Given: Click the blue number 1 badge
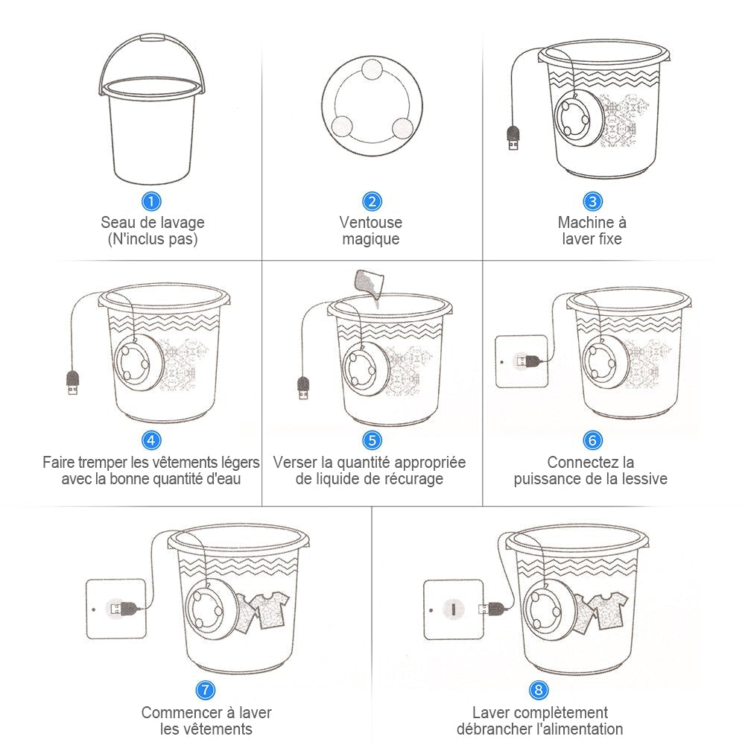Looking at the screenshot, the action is tap(151, 201).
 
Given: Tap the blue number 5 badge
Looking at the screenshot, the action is tap(372, 440).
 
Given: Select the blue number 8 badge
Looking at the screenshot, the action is tap(539, 690).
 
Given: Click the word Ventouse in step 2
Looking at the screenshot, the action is tap(370, 222).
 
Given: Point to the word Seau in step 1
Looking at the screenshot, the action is tap(118, 222).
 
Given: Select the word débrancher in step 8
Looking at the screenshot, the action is tap(492, 729).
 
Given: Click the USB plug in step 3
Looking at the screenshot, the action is tap(513, 137).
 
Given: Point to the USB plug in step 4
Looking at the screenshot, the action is tap(72, 384).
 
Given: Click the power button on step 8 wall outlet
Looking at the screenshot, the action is tap(453, 609).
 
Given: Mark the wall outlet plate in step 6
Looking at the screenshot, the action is tap(521, 361).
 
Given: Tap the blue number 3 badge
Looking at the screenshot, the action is tap(592, 201).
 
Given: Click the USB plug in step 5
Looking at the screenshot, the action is tap(302, 388).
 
